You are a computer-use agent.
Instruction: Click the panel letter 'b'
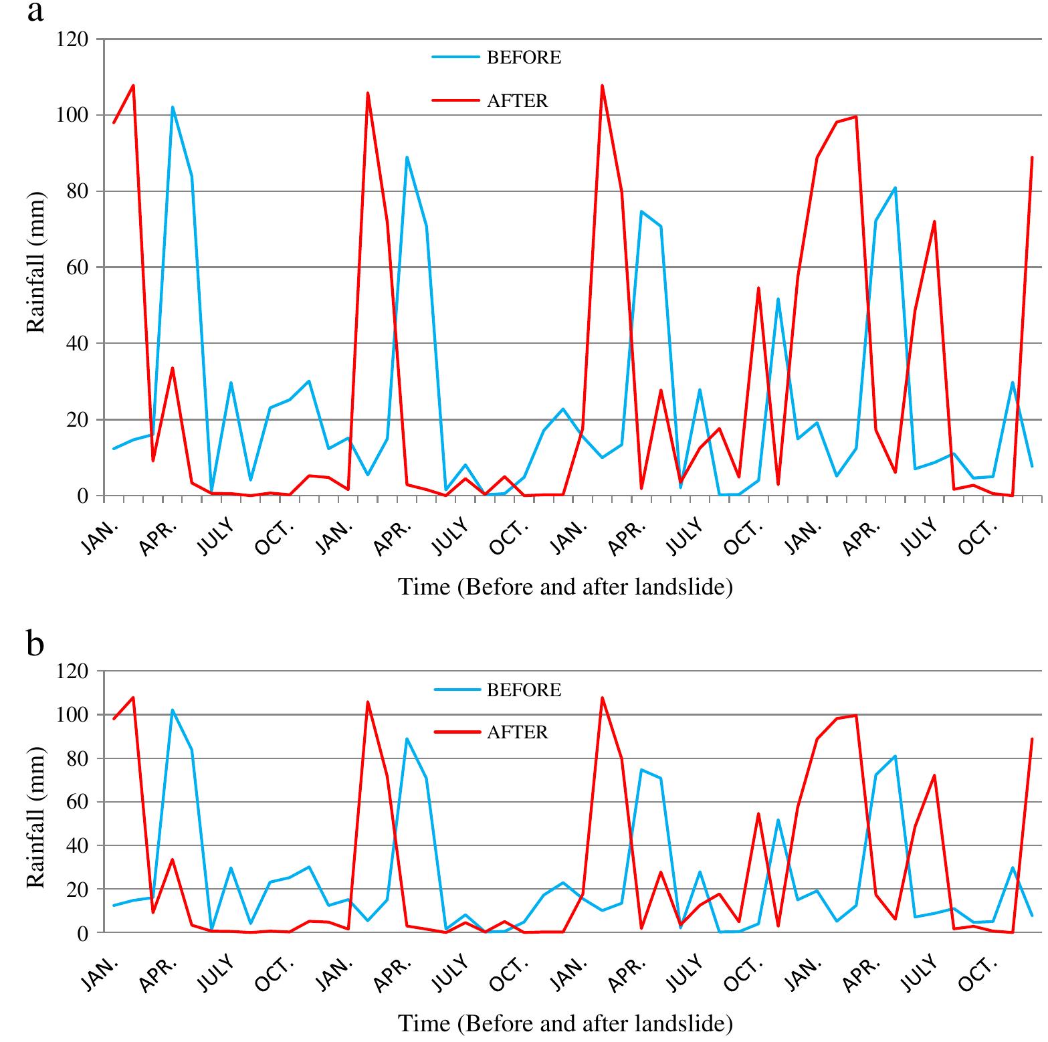(x=35, y=643)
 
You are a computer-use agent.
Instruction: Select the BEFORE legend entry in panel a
(x=524, y=58)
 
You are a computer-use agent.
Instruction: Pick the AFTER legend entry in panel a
(x=517, y=101)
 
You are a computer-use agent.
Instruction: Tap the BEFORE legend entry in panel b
(x=524, y=690)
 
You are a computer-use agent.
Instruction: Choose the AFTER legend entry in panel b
(x=517, y=732)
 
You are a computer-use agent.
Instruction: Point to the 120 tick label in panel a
(x=72, y=39)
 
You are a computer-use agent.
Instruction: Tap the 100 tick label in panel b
(x=72, y=715)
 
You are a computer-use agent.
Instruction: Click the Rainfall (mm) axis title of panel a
(x=36, y=263)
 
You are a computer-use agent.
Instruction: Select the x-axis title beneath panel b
(x=565, y=1023)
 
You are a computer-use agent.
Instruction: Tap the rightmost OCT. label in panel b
(x=978, y=973)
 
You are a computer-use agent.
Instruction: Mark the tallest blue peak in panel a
(x=173, y=107)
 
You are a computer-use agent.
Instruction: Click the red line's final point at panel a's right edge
(x=1032, y=157)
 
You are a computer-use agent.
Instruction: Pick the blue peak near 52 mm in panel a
(x=778, y=299)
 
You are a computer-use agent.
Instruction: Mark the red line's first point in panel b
(x=114, y=719)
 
